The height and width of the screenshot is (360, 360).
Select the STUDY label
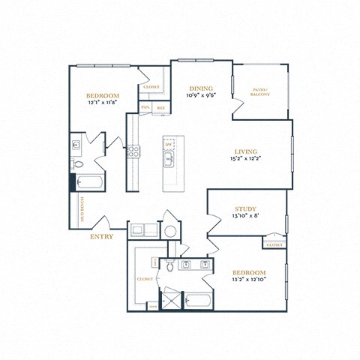pyautogui.click(x=245, y=208)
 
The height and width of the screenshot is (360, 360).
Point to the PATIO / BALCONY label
pyautogui.click(x=260, y=92)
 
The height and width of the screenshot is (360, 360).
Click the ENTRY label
pyautogui.click(x=101, y=237)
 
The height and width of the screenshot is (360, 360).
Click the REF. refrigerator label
pyautogui.click(x=161, y=108)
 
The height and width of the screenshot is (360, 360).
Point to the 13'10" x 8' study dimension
pyautogui.click(x=245, y=217)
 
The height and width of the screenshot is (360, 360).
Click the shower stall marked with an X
pyautogui.click(x=172, y=300)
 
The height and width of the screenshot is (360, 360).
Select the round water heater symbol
pyautogui.click(x=170, y=231)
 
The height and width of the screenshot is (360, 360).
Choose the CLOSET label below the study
pyautogui.click(x=274, y=244)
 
